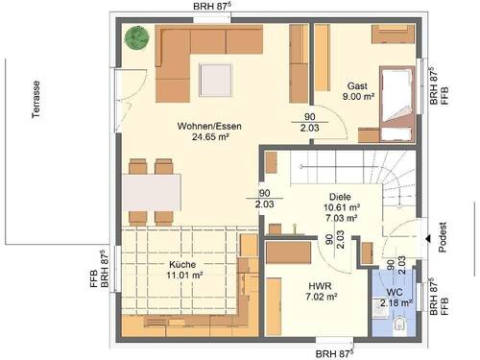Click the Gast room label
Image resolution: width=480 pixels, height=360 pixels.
357,86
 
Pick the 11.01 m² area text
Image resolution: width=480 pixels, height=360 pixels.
184,276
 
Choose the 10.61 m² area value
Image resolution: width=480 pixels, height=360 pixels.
343,206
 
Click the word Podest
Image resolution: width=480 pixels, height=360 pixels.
443,235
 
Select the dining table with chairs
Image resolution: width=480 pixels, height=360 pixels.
151,193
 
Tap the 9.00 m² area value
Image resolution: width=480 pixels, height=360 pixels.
357,97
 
